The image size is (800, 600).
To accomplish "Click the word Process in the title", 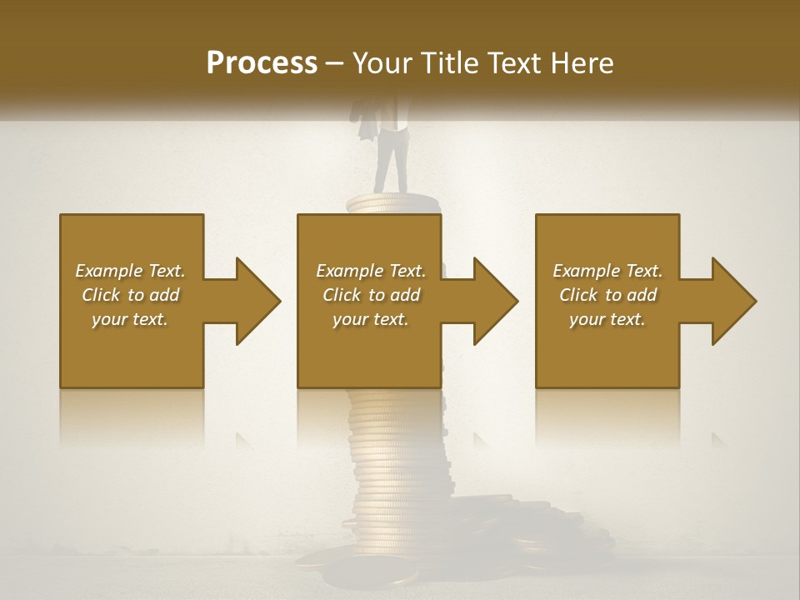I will (262, 63).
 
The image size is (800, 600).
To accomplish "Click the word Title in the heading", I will (450, 63).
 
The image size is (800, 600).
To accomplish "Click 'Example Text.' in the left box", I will (131, 271).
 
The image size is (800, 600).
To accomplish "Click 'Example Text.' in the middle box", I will (371, 271).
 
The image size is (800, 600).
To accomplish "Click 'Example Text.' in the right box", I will (607, 271).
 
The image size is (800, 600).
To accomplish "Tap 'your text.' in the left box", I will (131, 319).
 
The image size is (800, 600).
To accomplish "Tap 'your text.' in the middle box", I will (371, 319).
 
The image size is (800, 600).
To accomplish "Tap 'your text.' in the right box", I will (607, 319).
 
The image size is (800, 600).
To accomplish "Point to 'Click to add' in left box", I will (131, 295).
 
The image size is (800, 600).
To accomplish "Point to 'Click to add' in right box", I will (607, 295).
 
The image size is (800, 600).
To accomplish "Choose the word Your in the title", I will (384, 63).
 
